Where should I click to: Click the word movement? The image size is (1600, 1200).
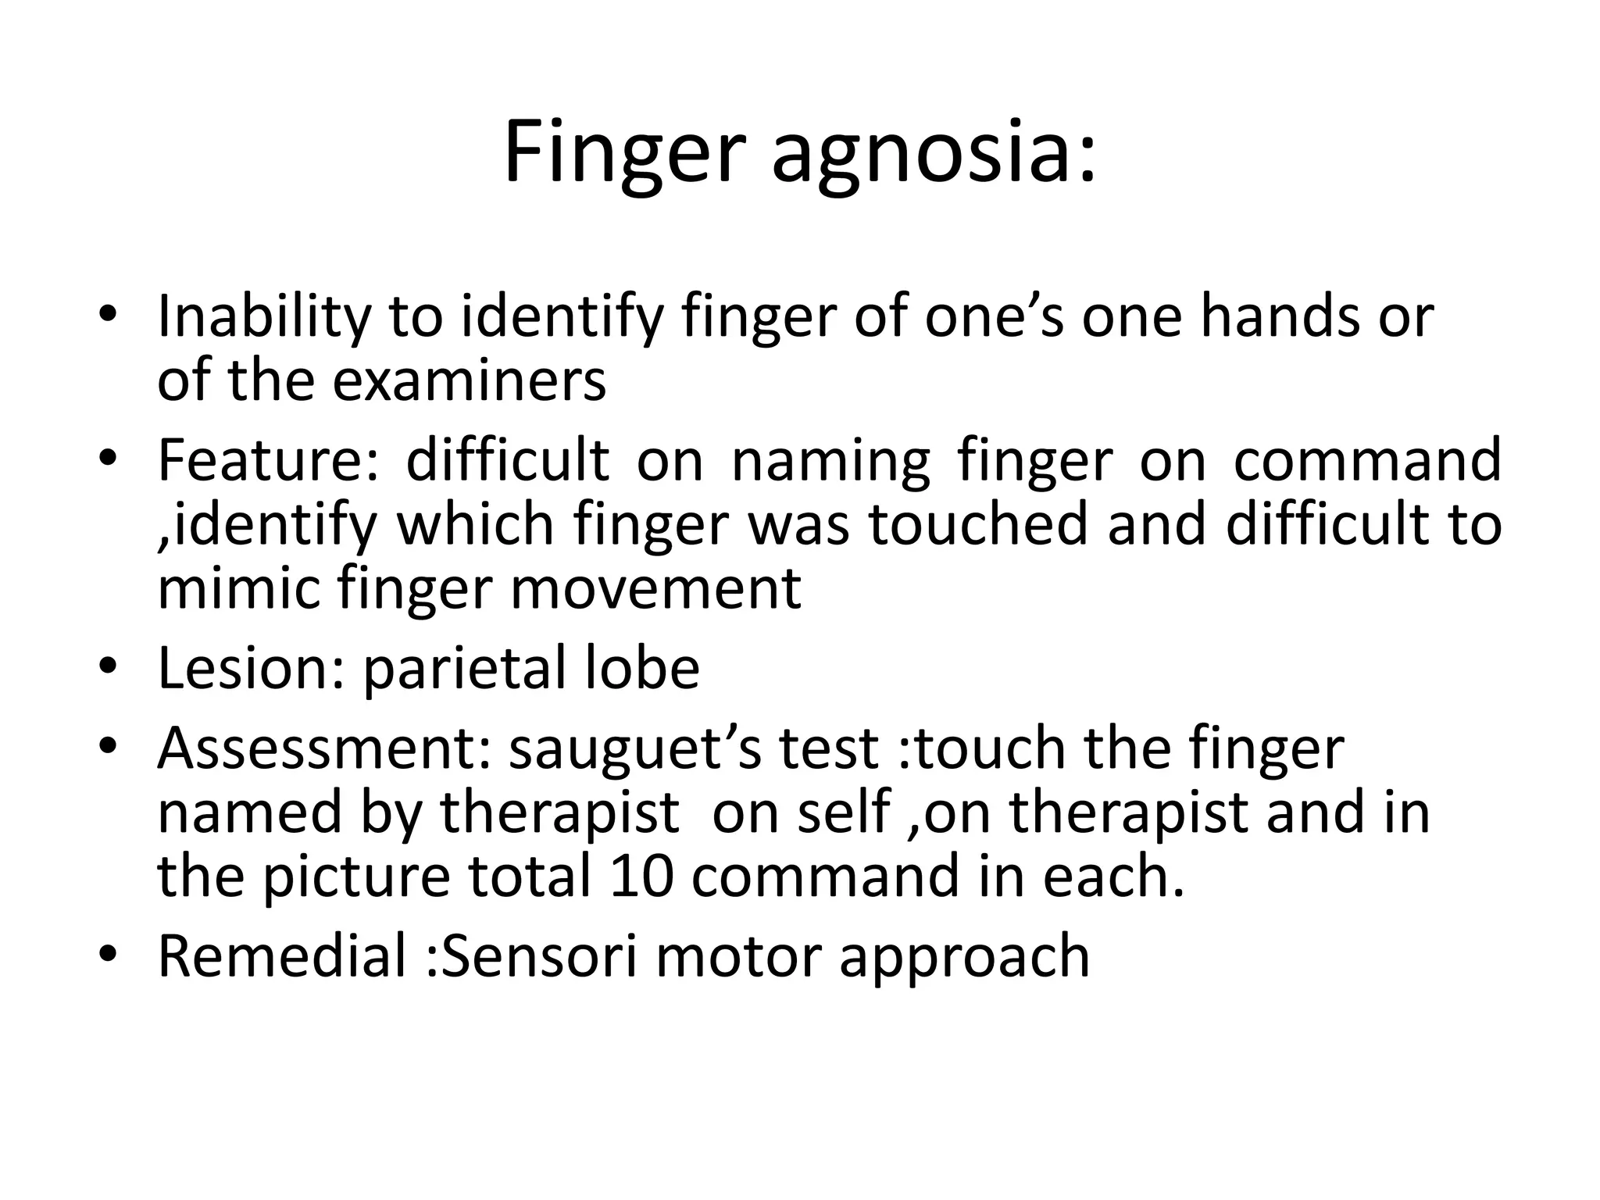tap(655, 590)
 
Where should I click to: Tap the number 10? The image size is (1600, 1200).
tap(641, 876)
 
